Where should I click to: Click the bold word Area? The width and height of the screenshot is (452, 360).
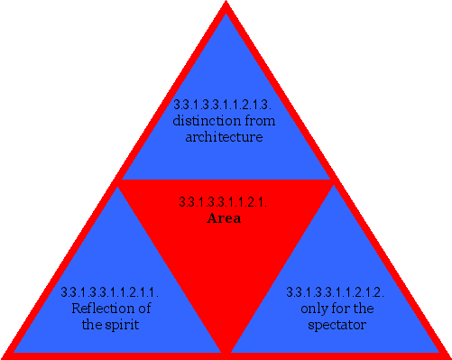coord(224,218)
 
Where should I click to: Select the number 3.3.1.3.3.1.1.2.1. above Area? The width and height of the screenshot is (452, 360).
coord(224,202)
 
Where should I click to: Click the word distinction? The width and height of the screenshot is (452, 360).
coord(203,120)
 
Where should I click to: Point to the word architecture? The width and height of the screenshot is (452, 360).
coord(224,137)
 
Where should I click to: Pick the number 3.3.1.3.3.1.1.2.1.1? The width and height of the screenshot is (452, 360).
coord(110,292)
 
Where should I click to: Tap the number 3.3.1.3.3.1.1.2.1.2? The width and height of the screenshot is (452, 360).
coord(335,292)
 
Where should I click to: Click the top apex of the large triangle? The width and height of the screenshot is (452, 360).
coord(226,5)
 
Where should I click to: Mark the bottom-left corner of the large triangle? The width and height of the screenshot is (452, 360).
coord(5,355)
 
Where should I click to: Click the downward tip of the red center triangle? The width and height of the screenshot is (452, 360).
coord(226,351)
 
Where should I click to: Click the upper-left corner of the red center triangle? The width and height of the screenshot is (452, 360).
coord(118,181)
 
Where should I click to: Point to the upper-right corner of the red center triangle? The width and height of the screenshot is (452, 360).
coord(333,181)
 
